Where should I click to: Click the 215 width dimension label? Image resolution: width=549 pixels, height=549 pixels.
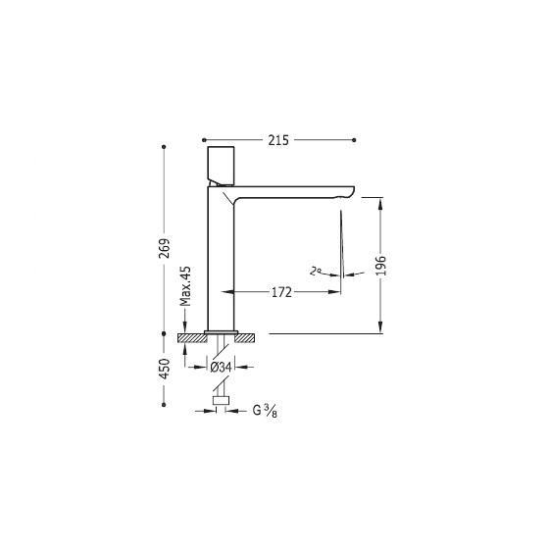pos(278,140)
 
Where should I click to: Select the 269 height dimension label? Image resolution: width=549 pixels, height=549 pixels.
pos(164,248)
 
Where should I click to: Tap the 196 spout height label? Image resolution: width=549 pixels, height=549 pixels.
pos(381,266)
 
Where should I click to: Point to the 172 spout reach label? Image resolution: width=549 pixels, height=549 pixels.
pos(281,292)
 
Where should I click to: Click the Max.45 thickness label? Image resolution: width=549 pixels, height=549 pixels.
pos(185,286)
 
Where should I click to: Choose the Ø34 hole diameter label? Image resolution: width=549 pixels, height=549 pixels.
pos(221,368)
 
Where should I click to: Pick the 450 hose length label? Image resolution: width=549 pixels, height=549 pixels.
pos(164,369)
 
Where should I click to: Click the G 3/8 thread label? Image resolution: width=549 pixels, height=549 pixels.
pos(265,410)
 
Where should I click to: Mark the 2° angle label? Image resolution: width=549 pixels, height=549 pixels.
pos(316,271)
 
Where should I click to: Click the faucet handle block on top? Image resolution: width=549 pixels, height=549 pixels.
pos(221,166)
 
